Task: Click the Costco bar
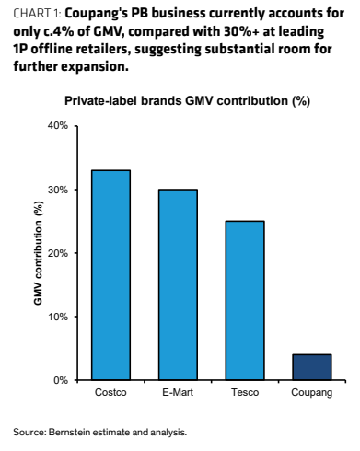111,275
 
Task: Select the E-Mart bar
178,284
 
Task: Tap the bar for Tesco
245,301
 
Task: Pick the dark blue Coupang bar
312,367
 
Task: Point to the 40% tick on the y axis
58,125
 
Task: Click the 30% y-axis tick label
58,190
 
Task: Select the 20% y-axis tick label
58,253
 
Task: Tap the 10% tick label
58,317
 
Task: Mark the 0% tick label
61,380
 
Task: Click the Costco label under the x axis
110,392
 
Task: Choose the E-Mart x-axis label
178,392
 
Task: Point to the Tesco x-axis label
245,392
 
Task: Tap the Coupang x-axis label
312,393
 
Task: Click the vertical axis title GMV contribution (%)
38,253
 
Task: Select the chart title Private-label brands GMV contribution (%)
187,101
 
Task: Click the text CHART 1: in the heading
38,14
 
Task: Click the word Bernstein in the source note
70,433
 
